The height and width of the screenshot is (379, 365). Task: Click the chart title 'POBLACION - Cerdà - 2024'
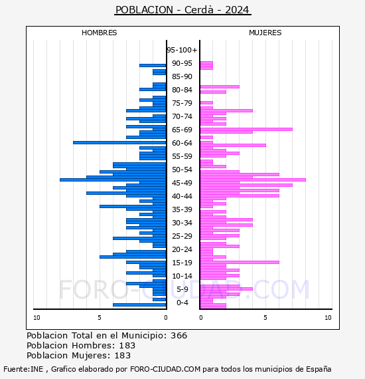pyautogui.click(x=183, y=10)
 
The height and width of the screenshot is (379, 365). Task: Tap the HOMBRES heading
pyautogui.click(x=99, y=33)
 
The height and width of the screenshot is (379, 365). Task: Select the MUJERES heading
pyautogui.click(x=265, y=33)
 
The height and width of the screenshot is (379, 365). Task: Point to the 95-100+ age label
pyautogui.click(x=182, y=50)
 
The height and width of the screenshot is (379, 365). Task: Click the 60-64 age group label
pyautogui.click(x=182, y=143)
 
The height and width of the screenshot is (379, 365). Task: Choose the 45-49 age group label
pyautogui.click(x=182, y=183)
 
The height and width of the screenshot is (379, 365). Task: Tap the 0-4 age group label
pyautogui.click(x=183, y=303)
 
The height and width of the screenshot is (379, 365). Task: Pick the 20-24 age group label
pyautogui.click(x=182, y=249)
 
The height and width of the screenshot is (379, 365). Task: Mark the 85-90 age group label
pyautogui.click(x=182, y=76)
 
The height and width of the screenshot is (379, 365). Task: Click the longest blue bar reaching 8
pyautogui.click(x=113, y=180)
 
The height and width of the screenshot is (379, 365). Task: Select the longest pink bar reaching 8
pyautogui.click(x=253, y=180)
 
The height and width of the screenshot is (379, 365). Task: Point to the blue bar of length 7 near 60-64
pyautogui.click(x=119, y=142)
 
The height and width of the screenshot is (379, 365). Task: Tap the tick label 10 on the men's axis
pyautogui.click(x=36, y=318)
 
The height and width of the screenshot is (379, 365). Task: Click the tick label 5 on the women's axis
pyautogui.click(x=265, y=318)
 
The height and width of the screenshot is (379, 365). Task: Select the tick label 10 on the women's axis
pyautogui.click(x=328, y=318)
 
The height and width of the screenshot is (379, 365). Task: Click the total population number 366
pyautogui.click(x=179, y=336)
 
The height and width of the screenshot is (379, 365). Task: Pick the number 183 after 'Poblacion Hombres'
pyautogui.click(x=127, y=346)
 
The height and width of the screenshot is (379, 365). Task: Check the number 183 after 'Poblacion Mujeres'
pyautogui.click(x=123, y=356)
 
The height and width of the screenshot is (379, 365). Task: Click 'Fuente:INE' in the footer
pyautogui.click(x=23, y=369)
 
